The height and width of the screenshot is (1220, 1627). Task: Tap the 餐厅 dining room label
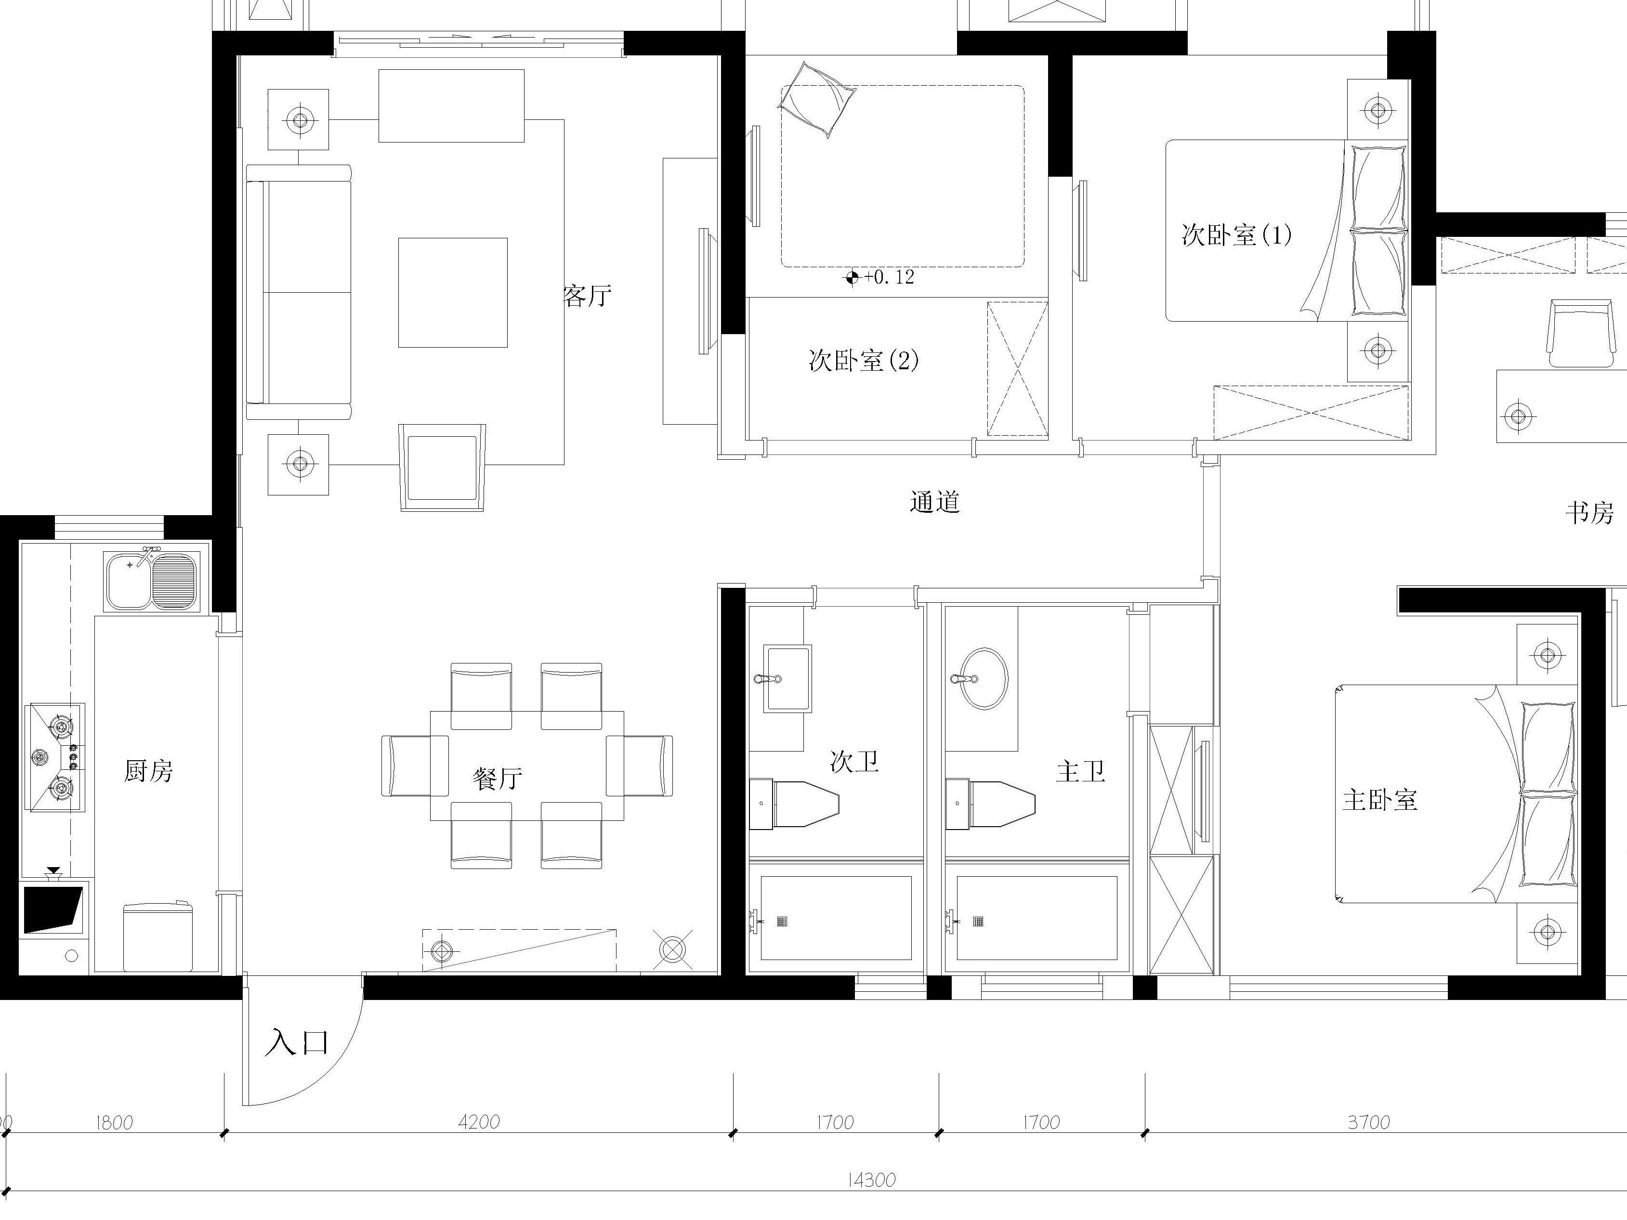pyautogui.click(x=498, y=778)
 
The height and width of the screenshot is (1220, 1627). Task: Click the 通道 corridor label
pyautogui.click(x=935, y=502)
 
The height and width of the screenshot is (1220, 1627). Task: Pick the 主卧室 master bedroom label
pyautogui.click(x=1380, y=800)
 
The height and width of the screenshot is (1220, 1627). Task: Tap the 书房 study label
pyautogui.click(x=1589, y=513)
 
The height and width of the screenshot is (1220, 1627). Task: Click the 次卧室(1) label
pyautogui.click(x=1236, y=235)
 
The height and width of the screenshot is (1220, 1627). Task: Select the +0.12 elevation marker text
pyautogui.click(x=889, y=277)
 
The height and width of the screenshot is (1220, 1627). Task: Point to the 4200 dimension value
pyautogui.click(x=479, y=1121)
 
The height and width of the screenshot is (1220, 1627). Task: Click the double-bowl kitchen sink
pyautogui.click(x=152, y=580)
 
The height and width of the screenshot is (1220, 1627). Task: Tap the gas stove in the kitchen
pyautogui.click(x=56, y=757)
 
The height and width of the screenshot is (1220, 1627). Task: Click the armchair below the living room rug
pyautogui.click(x=442, y=467)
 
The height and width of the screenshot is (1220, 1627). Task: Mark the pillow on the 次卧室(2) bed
pyautogui.click(x=817, y=99)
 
